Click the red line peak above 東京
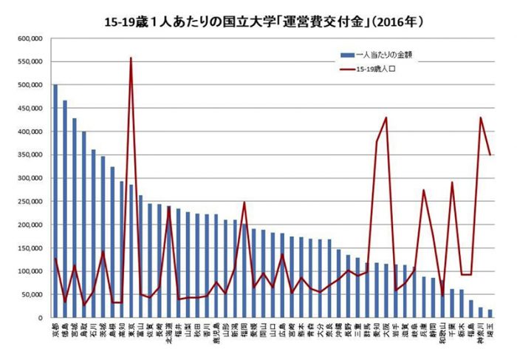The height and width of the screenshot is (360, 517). pos(131,58)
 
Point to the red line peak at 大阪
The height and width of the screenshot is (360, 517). pos(386,118)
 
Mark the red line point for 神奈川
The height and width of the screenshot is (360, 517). pos(481,118)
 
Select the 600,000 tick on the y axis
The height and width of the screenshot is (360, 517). pos(31,38)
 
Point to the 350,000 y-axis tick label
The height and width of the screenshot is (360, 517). pos(31,155)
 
